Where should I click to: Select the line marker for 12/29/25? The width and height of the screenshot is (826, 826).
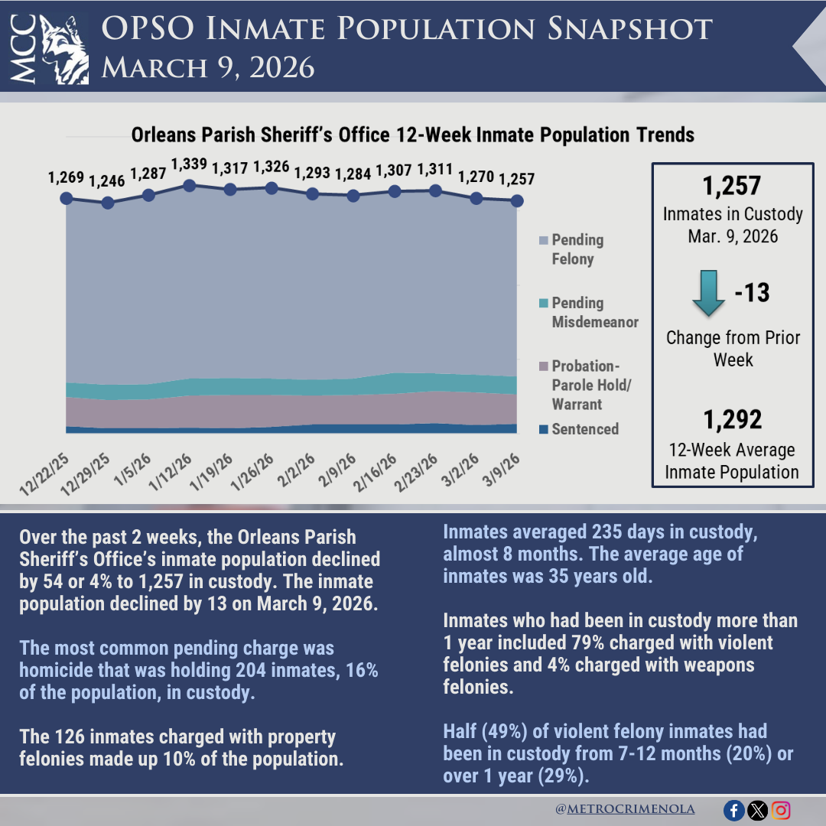[108, 203]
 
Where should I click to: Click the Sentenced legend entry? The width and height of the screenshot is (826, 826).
[584, 429]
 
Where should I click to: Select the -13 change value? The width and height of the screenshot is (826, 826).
[753, 293]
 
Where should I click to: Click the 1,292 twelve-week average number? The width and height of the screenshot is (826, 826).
[732, 420]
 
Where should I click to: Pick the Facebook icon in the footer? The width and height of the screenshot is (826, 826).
[733, 811]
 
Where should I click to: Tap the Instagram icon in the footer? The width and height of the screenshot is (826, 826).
[780, 811]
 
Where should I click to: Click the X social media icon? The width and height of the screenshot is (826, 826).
[756, 811]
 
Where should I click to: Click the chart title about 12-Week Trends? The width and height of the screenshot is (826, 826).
[412, 135]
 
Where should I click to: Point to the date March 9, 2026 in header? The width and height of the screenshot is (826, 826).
[208, 68]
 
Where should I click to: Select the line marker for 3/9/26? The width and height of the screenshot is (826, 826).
[517, 200]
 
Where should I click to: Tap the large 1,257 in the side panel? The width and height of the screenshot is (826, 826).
[732, 186]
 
